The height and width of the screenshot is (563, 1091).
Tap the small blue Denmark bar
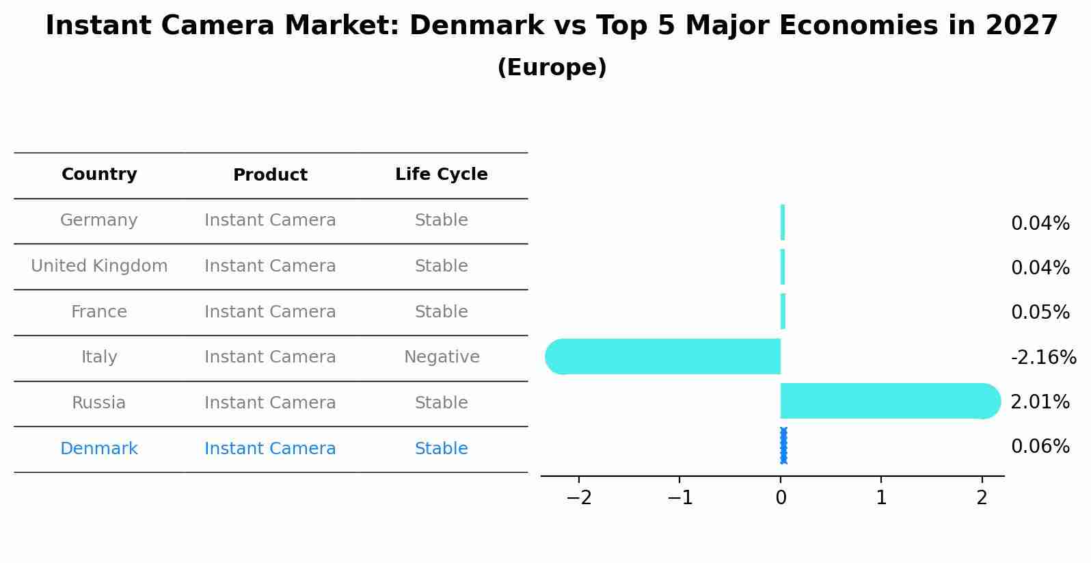coord(783,445)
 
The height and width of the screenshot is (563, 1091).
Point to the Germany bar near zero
coord(783,222)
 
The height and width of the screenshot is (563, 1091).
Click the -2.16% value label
coord(1043,357)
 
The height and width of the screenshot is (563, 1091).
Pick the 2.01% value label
coord(1040,402)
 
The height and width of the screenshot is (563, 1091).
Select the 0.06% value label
coord(1040,447)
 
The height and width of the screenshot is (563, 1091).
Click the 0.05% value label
coord(1040,312)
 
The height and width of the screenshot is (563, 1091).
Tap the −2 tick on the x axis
coord(579,497)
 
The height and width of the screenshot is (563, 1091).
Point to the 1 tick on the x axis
coord(881,497)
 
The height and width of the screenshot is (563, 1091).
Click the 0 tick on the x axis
coord(781,497)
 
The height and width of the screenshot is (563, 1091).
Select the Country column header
coord(99,174)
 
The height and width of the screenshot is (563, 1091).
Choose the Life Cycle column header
coord(441,174)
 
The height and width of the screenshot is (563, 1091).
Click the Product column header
coord(270,175)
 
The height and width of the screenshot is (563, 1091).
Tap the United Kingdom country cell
coord(99,266)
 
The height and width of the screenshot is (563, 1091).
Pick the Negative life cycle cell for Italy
coord(441,357)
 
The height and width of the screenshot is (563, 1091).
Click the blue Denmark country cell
coord(99,449)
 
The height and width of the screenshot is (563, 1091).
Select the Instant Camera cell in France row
coord(270,312)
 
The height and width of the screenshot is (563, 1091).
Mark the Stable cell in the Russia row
coord(441,403)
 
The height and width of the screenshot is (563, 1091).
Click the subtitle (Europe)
coord(552,68)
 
